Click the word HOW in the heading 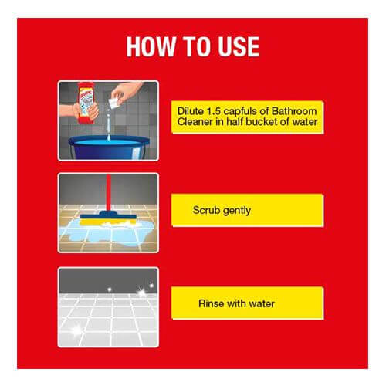151,46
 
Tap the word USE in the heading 239,46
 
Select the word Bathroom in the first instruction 294,111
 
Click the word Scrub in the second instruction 206,210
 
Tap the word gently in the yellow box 236,211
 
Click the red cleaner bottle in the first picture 87,103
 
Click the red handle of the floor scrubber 109,193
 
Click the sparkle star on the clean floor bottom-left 76,330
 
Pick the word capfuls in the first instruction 240,112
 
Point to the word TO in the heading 197,46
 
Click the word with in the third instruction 236,303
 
